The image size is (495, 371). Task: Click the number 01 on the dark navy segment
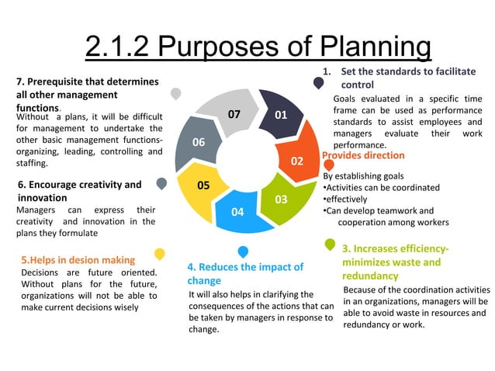(x=281, y=115)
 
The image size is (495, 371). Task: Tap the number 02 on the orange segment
(x=296, y=161)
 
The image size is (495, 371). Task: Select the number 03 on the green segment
(x=281, y=199)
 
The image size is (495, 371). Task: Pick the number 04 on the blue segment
(x=237, y=212)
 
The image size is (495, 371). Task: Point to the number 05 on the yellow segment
(x=203, y=185)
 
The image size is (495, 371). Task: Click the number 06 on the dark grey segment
(x=199, y=142)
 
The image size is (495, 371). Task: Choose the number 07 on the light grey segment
(x=234, y=115)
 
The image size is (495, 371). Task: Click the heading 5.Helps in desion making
(x=78, y=260)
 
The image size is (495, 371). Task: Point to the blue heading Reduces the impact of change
(x=245, y=273)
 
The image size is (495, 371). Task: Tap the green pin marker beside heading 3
(x=330, y=245)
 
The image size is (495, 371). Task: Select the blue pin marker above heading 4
(x=243, y=251)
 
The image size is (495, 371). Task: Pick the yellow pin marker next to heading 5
(x=159, y=254)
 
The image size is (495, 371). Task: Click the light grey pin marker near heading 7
(x=176, y=94)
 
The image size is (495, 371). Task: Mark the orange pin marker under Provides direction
(x=329, y=165)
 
